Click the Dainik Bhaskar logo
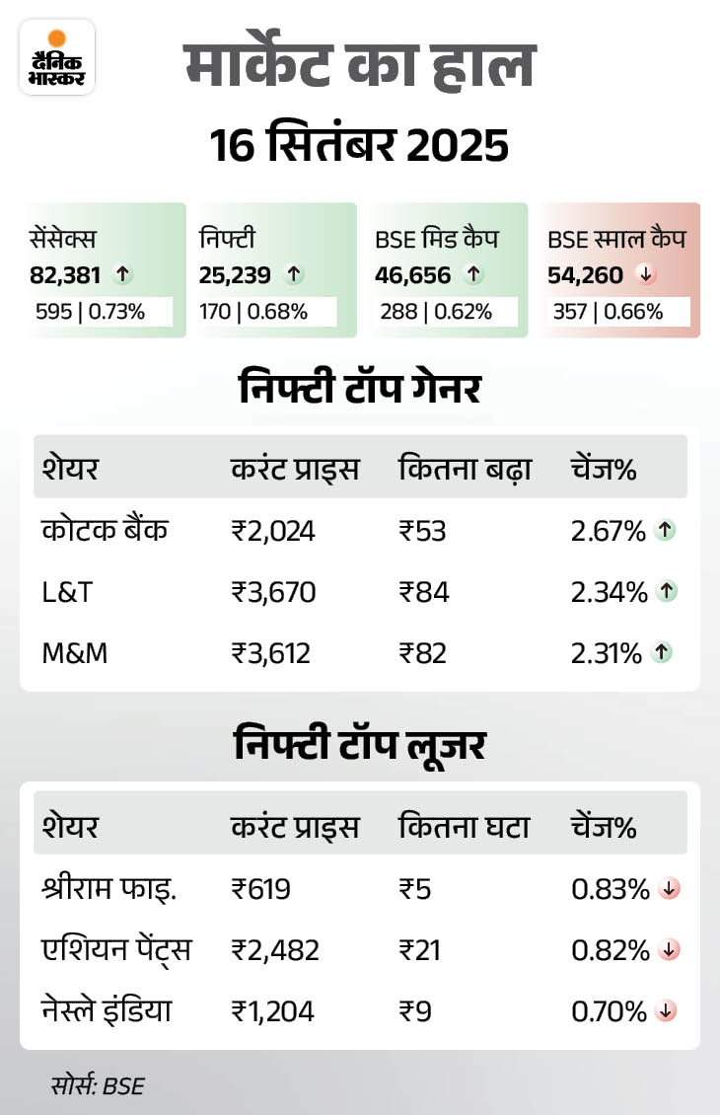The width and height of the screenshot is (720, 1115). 56,57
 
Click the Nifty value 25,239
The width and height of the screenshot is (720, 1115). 235,275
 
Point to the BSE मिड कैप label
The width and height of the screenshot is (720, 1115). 436,238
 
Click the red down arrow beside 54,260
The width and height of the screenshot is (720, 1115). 645,275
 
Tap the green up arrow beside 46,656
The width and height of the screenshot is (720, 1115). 473,275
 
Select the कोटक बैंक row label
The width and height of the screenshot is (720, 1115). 106,531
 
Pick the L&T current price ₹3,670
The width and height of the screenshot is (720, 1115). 273,592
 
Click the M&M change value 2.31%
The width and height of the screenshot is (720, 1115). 607,652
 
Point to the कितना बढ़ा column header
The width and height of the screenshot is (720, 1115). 465,470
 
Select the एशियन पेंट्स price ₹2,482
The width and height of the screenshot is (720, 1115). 275,950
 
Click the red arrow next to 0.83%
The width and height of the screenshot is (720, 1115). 669,889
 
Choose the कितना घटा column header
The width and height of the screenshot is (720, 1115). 464,827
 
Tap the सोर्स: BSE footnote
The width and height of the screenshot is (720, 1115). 97,1085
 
